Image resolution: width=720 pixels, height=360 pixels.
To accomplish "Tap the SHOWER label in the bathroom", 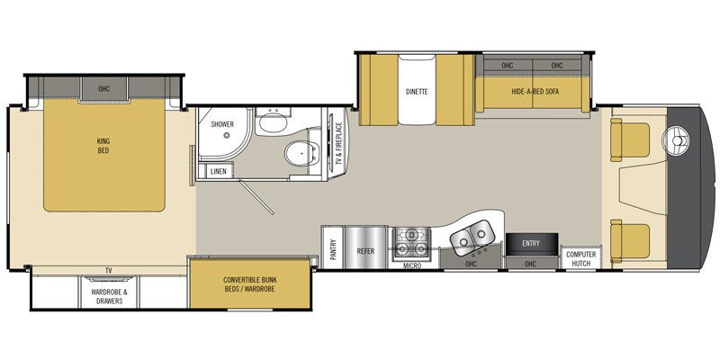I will point(222,125).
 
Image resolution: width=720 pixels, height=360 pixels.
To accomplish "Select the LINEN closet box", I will point(218,171).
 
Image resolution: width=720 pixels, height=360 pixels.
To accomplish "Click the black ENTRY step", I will point(529,242).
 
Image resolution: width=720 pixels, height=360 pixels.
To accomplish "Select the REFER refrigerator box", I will point(365,251).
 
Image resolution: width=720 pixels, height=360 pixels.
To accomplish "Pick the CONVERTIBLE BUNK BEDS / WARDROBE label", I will point(250,284).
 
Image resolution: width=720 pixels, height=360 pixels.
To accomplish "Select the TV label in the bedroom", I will point(108,270).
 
